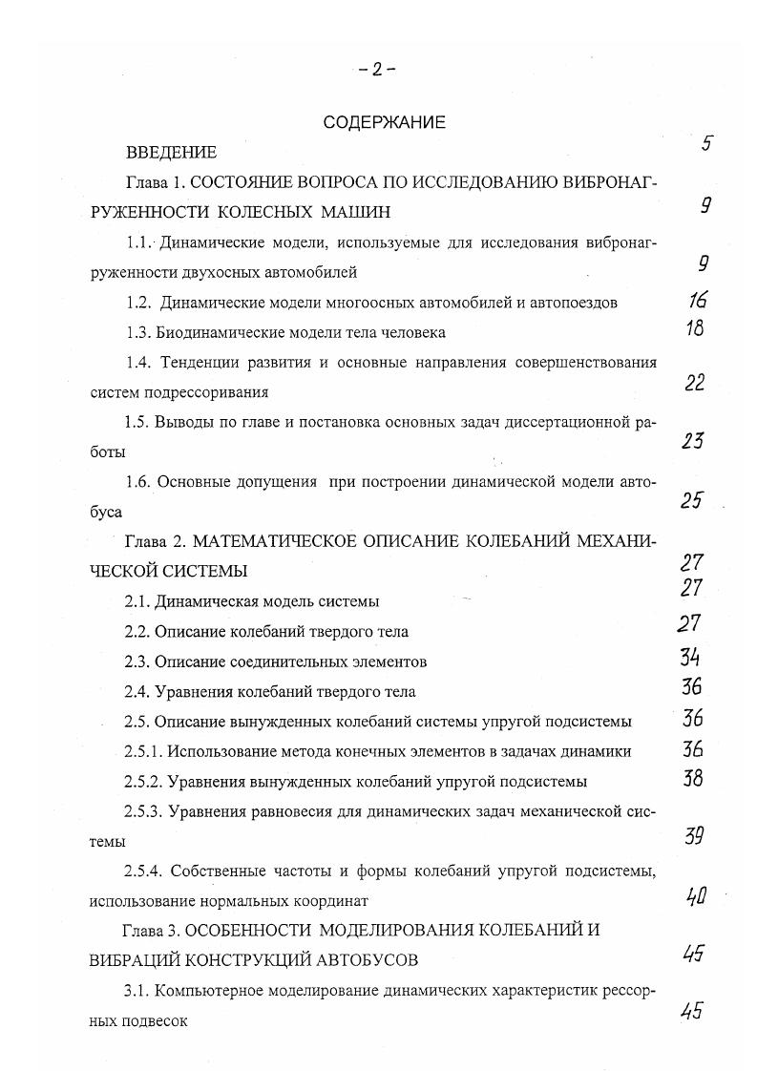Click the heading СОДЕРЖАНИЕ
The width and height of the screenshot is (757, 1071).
385,122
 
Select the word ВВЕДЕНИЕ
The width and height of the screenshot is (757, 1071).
171,152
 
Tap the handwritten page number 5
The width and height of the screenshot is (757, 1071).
707,144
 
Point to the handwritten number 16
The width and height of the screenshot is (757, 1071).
698,301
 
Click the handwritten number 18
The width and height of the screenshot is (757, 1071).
695,329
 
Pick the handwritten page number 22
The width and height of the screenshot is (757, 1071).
695,383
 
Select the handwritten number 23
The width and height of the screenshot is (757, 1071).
694,441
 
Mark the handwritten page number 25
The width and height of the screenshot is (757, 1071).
692,499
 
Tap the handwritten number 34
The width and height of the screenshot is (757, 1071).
692,657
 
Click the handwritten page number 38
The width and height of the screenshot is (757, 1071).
693,777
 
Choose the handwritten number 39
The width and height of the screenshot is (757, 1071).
694,837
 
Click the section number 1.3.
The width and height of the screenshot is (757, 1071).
139,332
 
